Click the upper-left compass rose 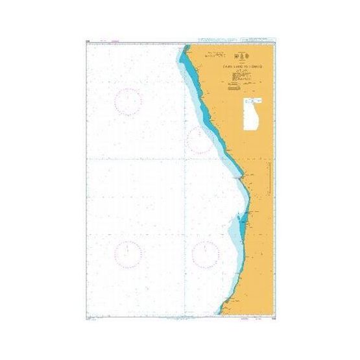point(128,101)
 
